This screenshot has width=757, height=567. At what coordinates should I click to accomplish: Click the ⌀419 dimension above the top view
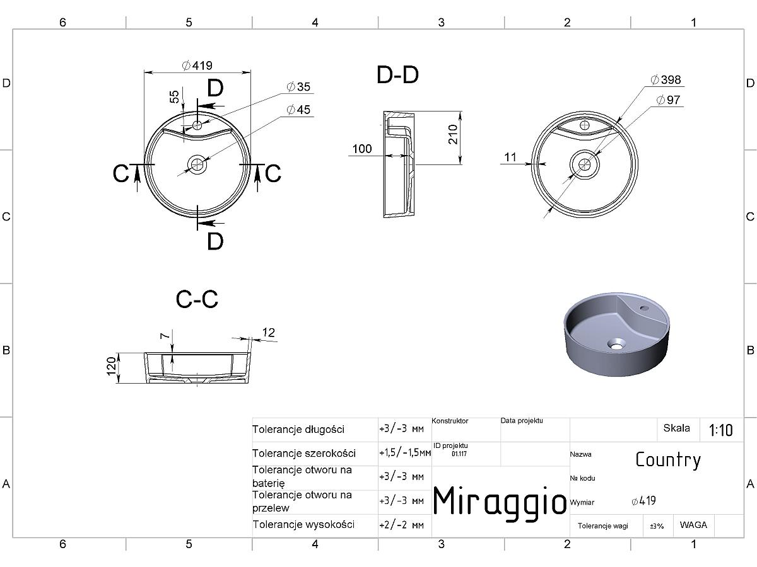pos(197,66)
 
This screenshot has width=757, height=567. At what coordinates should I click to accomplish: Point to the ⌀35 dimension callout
pos(298,86)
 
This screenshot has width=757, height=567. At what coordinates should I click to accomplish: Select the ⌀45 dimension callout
pos(298,110)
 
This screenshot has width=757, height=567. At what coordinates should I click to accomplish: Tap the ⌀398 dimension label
pos(666,79)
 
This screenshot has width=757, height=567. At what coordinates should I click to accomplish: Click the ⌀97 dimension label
pos(668,100)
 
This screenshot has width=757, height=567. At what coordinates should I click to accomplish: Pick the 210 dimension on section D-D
pos(453,134)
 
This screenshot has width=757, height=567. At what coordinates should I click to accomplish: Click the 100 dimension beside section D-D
pos(361,149)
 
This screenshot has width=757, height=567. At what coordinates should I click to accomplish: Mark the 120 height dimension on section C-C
pos(112,366)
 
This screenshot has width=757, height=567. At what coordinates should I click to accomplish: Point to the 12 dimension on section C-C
pos(268,332)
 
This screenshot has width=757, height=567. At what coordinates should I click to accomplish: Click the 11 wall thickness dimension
pos(510,157)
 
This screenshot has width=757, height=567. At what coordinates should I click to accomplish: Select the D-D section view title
pos(397,75)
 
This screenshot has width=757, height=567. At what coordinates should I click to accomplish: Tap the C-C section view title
pos(197,299)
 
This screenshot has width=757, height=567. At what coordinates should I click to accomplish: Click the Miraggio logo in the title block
pos(500,501)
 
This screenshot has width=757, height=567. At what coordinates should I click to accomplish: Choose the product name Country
pos(668,460)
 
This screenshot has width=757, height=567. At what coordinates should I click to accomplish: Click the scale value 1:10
pos(720,430)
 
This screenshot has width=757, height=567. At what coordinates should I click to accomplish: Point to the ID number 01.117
pos(459,454)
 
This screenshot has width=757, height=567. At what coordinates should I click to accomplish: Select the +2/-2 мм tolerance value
pos(401,525)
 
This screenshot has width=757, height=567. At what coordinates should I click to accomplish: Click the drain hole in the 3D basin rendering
pos(616,343)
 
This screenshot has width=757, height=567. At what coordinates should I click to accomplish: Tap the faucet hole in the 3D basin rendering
pos(644,307)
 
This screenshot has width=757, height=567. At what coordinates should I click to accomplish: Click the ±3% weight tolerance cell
pos(657,526)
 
